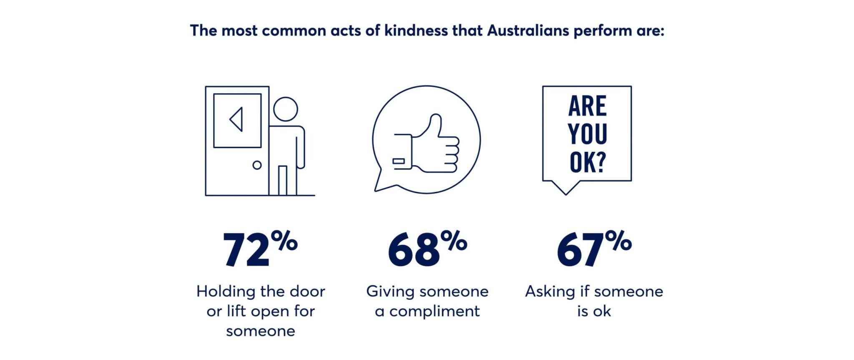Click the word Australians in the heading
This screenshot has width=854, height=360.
(528, 31)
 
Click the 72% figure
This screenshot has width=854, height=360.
(260, 249)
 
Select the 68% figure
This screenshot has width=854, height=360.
(427, 249)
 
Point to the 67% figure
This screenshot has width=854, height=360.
(594, 249)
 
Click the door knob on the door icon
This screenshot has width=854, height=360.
(257, 165)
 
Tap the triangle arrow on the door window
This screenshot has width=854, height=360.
(236, 120)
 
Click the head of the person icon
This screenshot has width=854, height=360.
(286, 109)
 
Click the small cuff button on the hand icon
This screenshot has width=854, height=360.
(399, 161)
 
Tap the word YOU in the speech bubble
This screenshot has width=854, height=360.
(587, 134)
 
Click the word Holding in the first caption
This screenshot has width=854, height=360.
(226, 292)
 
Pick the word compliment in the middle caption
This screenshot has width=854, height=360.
(435, 312)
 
